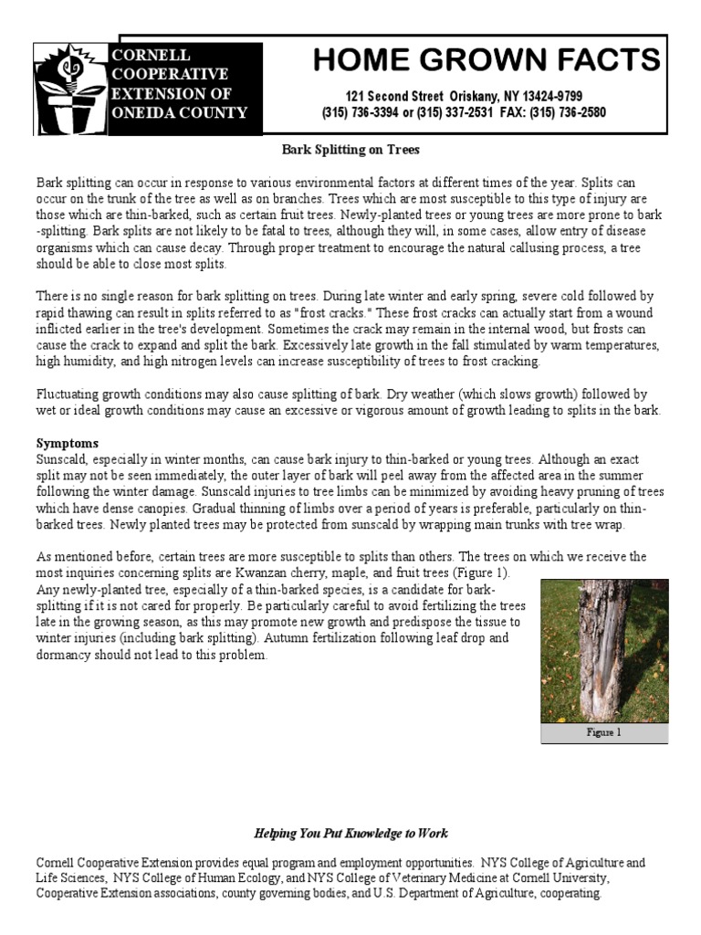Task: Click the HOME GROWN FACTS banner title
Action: [x=486, y=60]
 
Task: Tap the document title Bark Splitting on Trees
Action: [x=350, y=148]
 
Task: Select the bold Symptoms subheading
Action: [x=66, y=443]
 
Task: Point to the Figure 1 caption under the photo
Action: [x=603, y=732]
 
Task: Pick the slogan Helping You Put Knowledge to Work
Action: [x=350, y=834]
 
